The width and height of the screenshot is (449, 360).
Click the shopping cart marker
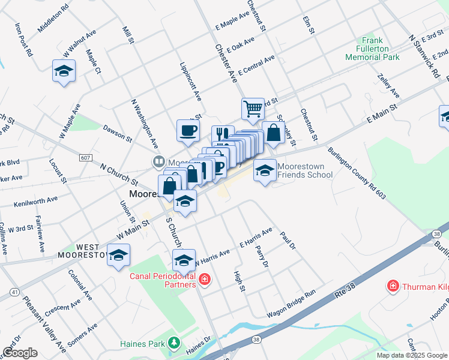tap(253, 109)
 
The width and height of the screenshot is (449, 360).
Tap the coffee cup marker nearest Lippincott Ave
tap(188, 130)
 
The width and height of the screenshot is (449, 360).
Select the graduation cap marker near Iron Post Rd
tap(63, 71)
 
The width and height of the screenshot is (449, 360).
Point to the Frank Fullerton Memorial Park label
tap(372, 53)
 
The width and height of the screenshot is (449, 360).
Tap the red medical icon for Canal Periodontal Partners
tap(205, 280)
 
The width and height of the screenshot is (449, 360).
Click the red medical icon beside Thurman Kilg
tap(394, 286)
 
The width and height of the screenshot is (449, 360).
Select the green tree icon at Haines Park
tap(174, 343)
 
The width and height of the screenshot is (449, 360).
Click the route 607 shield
tap(85, 158)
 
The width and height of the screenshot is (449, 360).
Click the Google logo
tap(20, 353)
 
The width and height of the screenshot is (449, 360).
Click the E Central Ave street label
tap(256, 65)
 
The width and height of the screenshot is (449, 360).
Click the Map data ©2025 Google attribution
tap(412, 355)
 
